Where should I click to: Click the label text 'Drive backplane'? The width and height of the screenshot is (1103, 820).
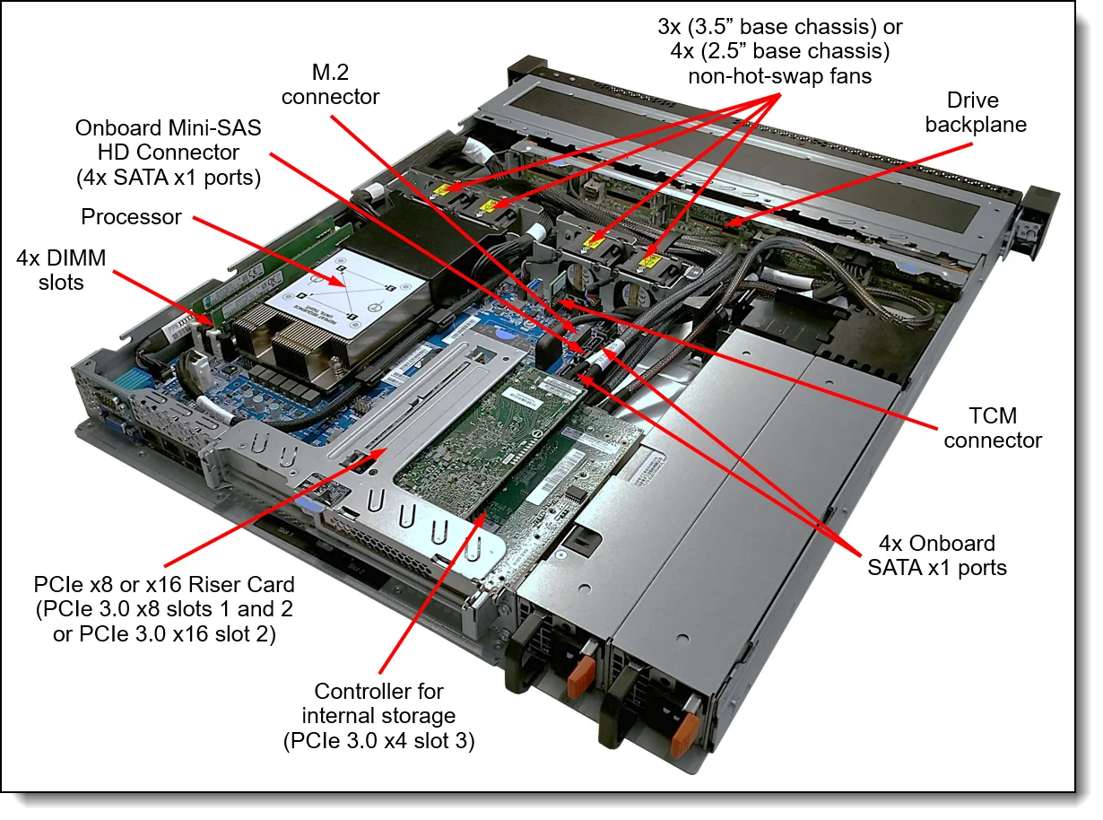pyautogui.click(x=975, y=112)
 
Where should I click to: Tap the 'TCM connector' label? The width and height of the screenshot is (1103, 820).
pyautogui.click(x=993, y=428)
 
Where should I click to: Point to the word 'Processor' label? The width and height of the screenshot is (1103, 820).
pyautogui.click(x=131, y=216)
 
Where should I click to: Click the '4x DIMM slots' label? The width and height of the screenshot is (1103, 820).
pyautogui.click(x=61, y=270)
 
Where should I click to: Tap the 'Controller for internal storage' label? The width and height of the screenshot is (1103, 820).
pyautogui.click(x=378, y=716)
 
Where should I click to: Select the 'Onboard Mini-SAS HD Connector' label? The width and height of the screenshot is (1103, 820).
pyautogui.click(x=169, y=153)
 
